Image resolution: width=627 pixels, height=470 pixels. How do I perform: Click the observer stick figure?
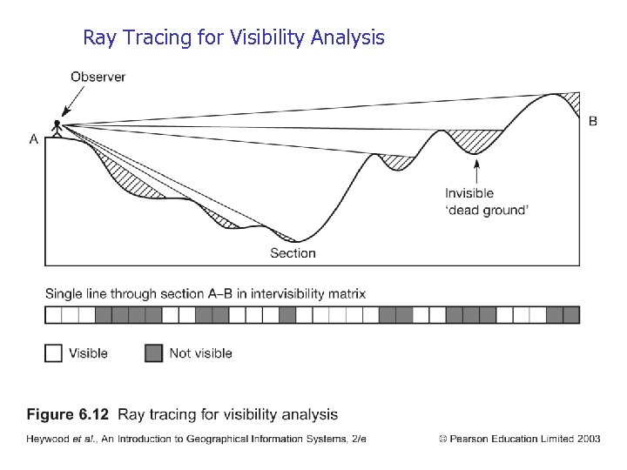58,128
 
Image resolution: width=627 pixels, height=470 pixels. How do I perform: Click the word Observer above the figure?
98,77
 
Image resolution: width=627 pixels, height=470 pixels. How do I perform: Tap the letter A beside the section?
33,138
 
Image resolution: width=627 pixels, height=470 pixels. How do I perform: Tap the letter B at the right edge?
593,121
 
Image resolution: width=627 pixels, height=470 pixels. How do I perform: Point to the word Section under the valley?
293,253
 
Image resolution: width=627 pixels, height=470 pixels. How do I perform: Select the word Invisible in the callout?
469,193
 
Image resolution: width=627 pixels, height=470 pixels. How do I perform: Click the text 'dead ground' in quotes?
487,210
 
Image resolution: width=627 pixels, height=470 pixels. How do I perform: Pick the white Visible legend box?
53,352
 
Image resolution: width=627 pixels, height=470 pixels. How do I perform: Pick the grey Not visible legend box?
153,352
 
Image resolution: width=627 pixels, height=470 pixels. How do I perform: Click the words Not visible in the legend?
200,352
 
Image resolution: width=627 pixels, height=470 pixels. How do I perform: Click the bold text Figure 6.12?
68,414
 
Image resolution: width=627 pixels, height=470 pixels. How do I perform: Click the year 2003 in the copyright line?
588,439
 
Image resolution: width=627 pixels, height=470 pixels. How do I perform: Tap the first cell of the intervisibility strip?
53,315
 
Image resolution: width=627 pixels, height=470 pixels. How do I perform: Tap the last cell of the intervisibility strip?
570,315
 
